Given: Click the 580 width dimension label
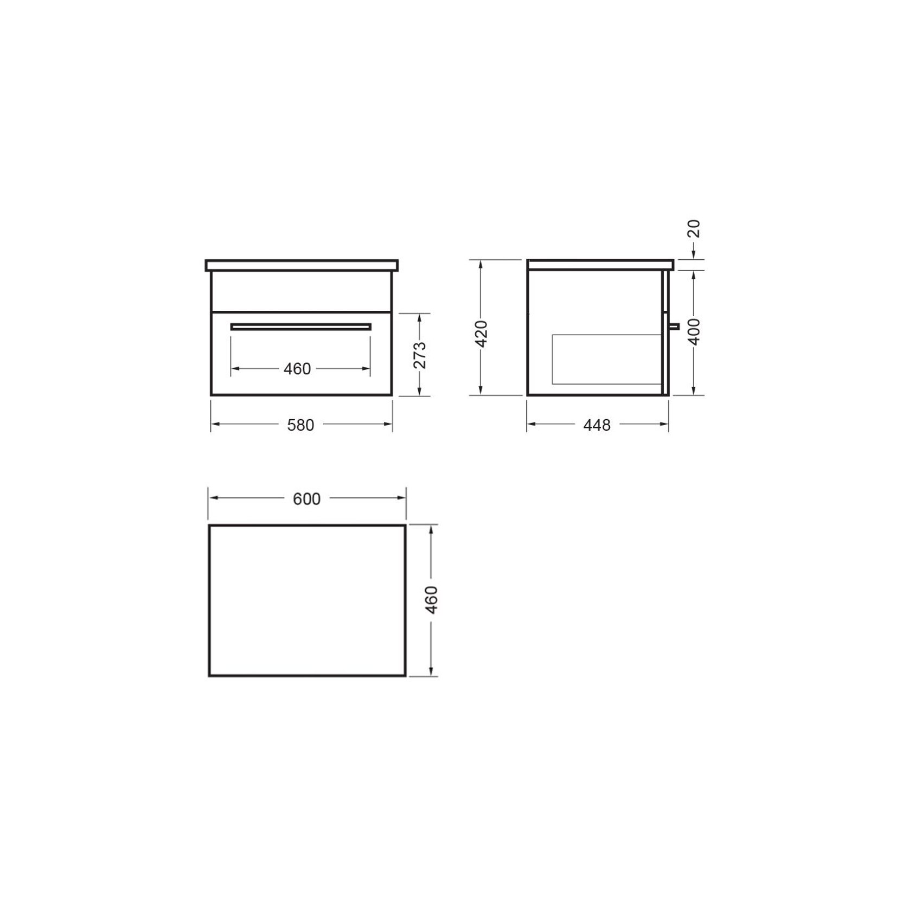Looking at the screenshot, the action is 300,425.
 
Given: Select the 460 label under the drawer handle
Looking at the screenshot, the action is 297,369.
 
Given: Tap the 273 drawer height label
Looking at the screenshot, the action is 420,355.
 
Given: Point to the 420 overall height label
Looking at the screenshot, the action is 481,334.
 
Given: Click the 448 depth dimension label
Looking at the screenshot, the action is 597,425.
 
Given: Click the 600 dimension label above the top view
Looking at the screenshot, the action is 306,499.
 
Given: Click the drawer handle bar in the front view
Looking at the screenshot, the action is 301,327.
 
